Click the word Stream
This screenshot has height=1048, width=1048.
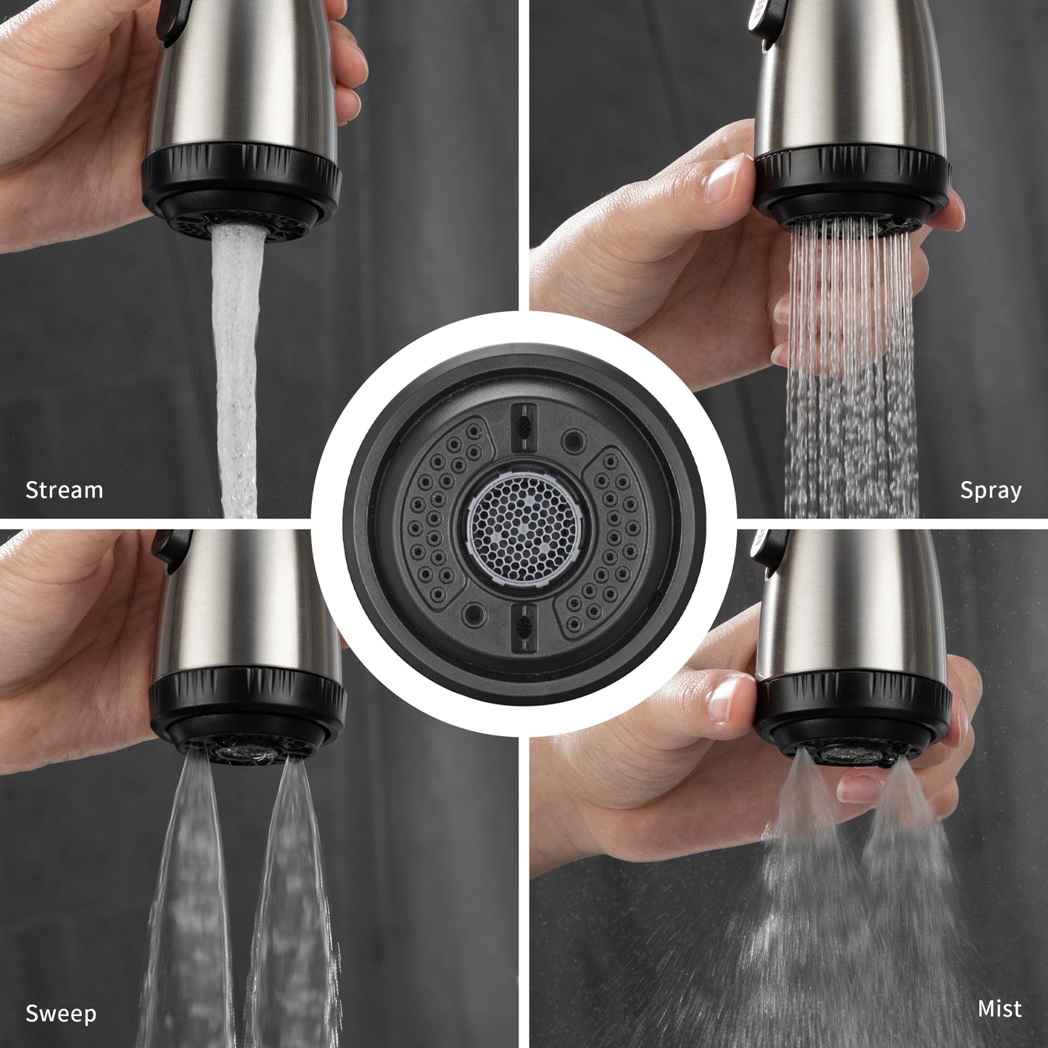[x=64, y=490]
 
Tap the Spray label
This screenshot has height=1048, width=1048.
[x=991, y=490]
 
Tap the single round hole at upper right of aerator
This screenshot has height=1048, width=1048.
[x=574, y=440]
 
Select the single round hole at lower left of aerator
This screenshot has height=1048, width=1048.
[x=474, y=614]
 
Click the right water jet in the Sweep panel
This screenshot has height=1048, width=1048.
[x=291, y=903]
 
